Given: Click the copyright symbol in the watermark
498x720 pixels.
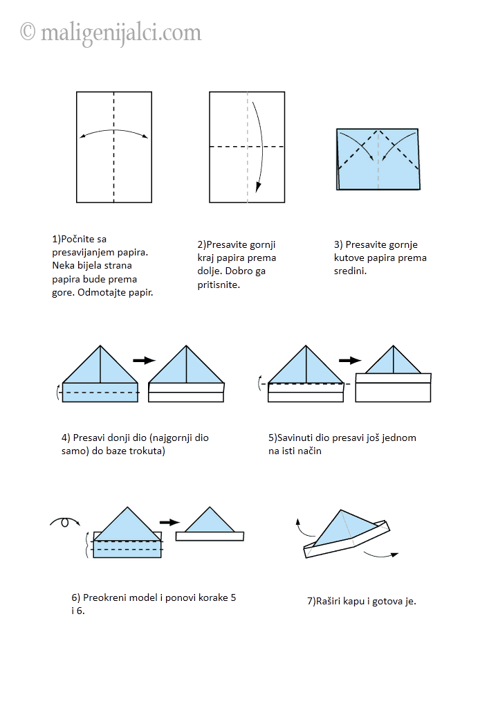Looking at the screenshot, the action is pos(28,32).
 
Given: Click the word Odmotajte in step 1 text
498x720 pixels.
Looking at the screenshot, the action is pos(98,292).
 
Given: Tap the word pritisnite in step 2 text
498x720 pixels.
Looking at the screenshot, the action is pos(218,285).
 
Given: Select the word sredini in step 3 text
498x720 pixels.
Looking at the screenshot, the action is pos(349,271).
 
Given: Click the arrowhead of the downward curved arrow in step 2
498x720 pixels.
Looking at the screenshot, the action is pos(258,187).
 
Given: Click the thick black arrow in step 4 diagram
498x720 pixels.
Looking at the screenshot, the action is pos(145,361).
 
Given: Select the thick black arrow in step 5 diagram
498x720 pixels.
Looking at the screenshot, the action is pos(351,361).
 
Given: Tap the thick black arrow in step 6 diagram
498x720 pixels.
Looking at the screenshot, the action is pos(169,522).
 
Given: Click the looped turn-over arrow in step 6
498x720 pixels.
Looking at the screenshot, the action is pos(64,521).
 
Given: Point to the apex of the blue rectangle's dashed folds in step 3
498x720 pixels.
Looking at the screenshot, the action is pos(378,131).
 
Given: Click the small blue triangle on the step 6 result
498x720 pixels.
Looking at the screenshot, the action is pos(210,520).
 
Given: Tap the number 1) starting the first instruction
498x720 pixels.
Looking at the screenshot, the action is pos(57,239).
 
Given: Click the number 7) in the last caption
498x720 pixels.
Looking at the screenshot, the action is pos(311,601).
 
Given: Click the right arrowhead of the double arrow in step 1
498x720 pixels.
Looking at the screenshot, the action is pos(145,136).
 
